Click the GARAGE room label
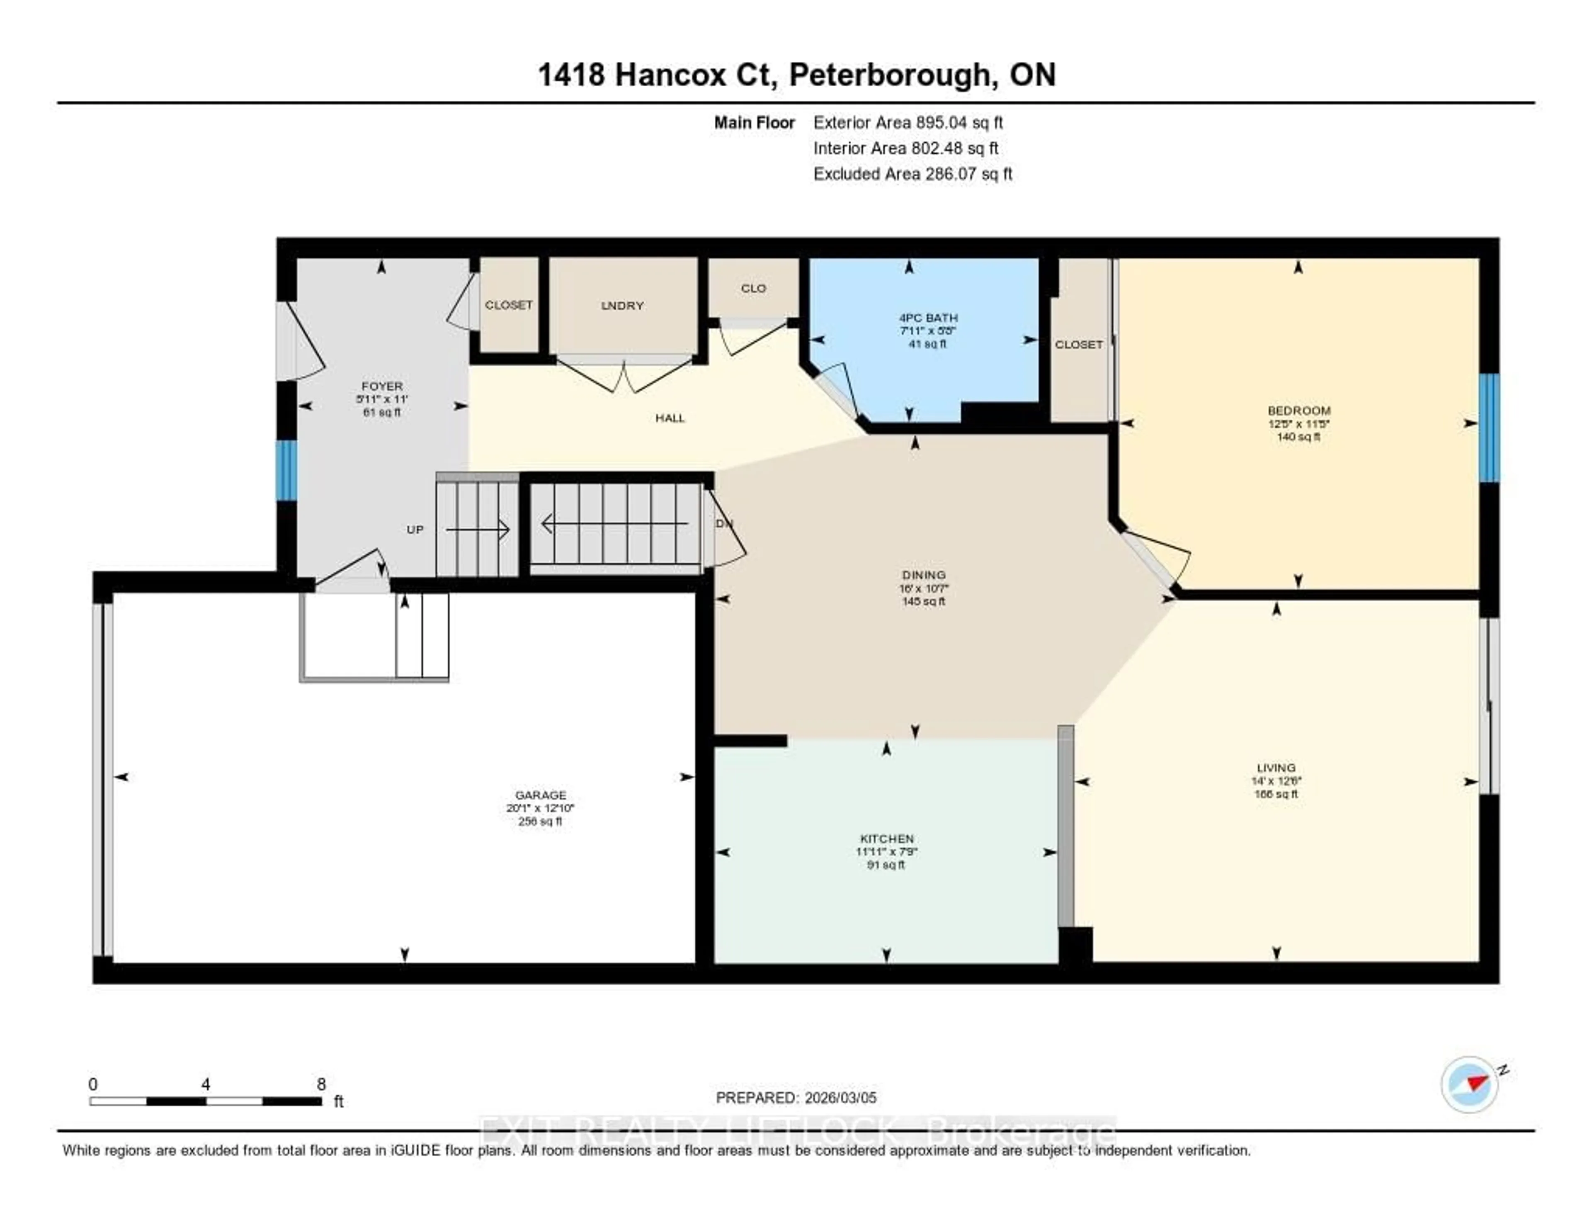tap(540, 795)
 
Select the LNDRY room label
tap(622, 306)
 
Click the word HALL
tap(669, 418)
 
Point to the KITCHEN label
tap(886, 839)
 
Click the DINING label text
tap(924, 574)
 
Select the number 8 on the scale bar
tap(321, 1084)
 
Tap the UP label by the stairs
tap(415, 529)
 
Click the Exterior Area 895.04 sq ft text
tap(908, 122)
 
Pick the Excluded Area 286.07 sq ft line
tap(912, 173)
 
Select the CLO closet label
tap(753, 288)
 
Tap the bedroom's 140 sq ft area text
tap(1298, 437)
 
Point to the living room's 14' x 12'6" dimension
tap(1276, 780)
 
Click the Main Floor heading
tap(754, 122)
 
